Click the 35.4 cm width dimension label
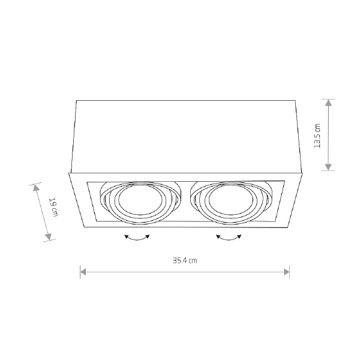coord(185,260)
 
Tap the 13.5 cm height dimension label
coord(318,136)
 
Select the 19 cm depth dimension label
coord(53,207)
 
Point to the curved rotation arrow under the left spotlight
coord(137,238)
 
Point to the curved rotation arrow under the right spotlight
coord(229,238)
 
